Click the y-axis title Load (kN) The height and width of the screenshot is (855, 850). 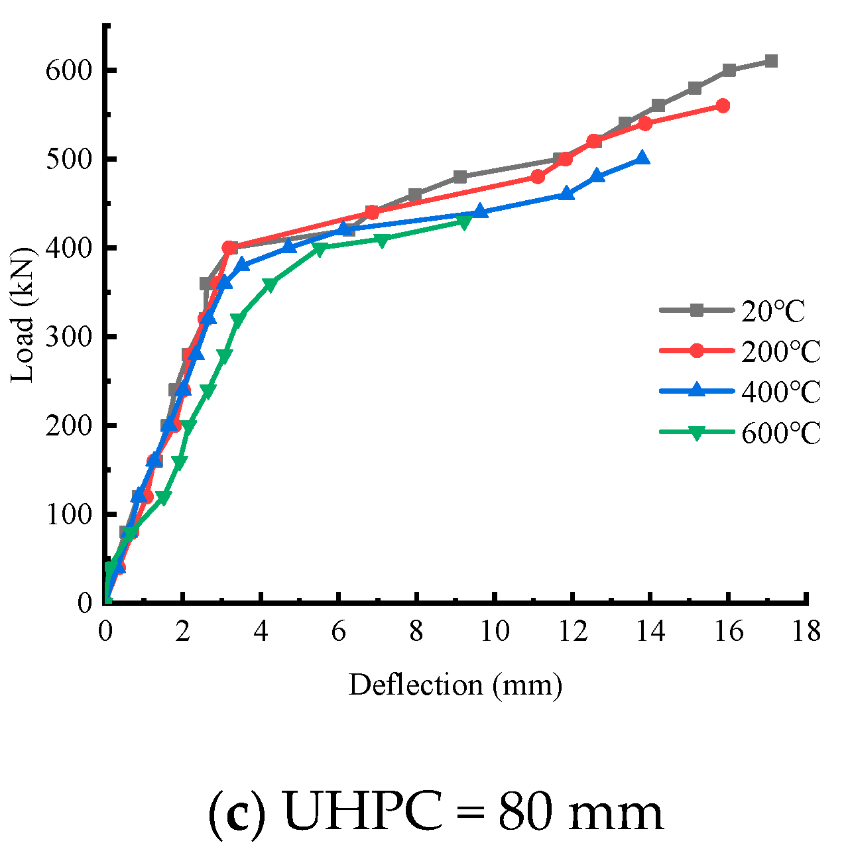pyautogui.click(x=23, y=315)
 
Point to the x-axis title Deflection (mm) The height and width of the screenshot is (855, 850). pyautogui.click(x=455, y=685)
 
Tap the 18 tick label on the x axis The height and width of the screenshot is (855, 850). pyautogui.click(x=806, y=632)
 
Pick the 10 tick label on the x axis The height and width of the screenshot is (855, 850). pyautogui.click(x=495, y=632)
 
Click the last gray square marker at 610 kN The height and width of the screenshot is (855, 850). pyautogui.click(x=770, y=61)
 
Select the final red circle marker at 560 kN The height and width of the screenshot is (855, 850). pyautogui.click(x=723, y=106)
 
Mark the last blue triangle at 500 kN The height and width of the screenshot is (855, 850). pyautogui.click(x=642, y=158)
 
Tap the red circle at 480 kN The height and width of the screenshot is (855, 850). pyautogui.click(x=538, y=177)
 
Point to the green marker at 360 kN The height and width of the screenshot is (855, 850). pyautogui.click(x=269, y=284)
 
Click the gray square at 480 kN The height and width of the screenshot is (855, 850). pyautogui.click(x=460, y=177)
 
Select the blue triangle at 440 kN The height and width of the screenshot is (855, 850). pyautogui.click(x=480, y=212)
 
